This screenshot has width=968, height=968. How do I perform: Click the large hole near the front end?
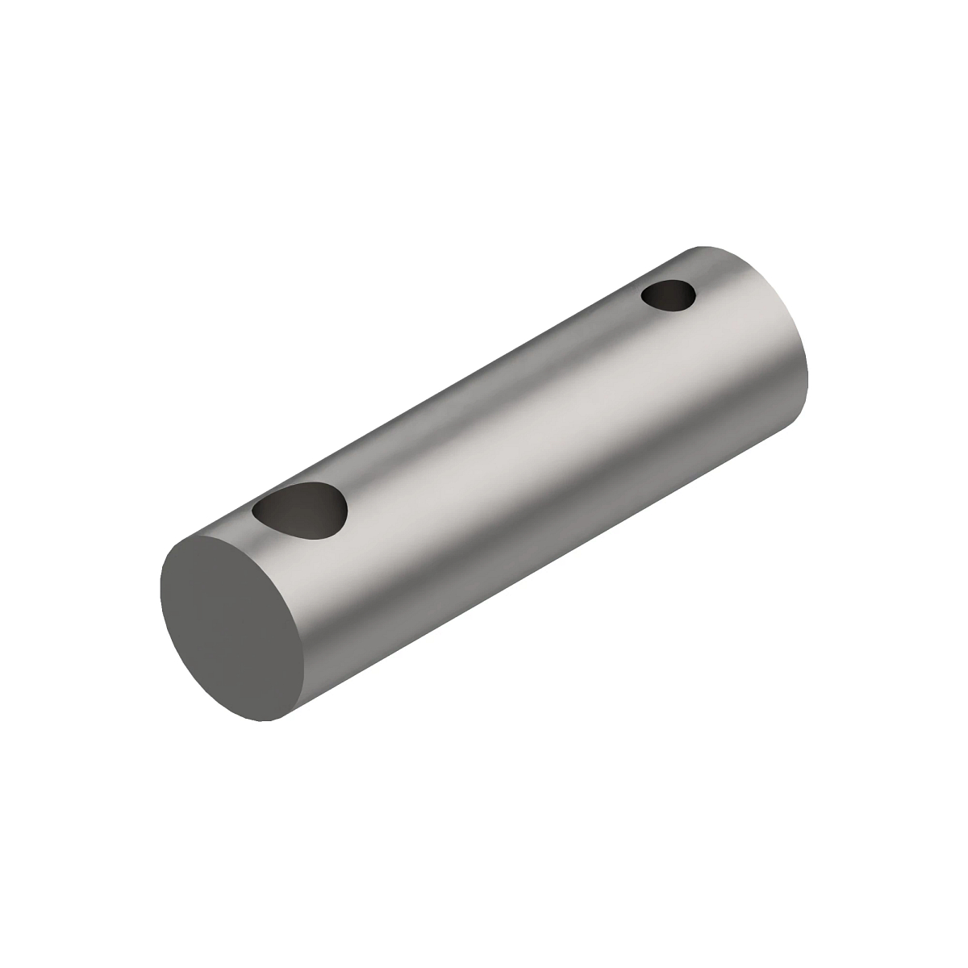coord(300,511)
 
